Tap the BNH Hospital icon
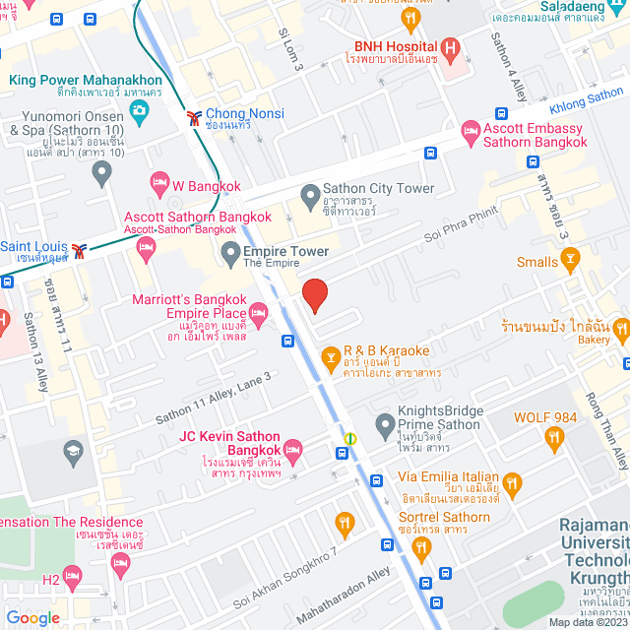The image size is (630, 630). click(x=451, y=47)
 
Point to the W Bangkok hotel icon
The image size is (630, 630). click(x=159, y=183)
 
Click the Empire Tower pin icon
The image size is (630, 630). click(x=230, y=251)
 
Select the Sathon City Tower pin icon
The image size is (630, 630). click(x=310, y=190)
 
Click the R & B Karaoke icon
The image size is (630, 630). click(x=331, y=351)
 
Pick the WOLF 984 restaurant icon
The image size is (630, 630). click(x=555, y=438)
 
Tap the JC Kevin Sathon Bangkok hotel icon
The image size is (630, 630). click(x=293, y=450)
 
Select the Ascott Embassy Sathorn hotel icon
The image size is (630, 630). click(x=471, y=132)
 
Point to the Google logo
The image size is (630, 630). click(x=33, y=618)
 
